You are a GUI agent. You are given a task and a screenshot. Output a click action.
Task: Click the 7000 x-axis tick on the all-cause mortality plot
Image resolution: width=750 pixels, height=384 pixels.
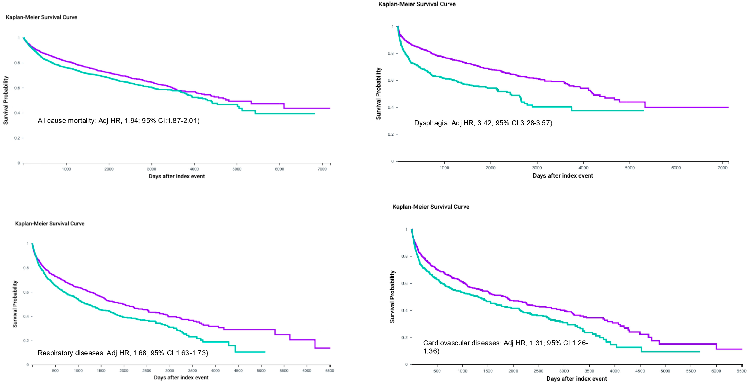click(322, 169)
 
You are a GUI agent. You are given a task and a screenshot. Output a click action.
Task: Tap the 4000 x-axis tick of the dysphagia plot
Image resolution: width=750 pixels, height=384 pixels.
click(583, 168)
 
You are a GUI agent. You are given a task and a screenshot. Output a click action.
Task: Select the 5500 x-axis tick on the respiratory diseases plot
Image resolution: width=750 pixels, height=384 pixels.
click(284, 371)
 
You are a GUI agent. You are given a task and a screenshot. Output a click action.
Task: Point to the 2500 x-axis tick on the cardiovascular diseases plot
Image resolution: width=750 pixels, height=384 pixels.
click(538, 371)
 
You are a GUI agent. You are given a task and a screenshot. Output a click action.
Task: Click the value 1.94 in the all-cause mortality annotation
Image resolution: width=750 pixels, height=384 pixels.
click(131, 121)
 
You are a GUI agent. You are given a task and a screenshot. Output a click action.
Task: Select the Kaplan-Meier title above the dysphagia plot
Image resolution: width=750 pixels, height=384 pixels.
click(417, 4)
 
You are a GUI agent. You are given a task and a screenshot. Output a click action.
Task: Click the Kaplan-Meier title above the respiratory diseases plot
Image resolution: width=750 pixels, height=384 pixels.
click(49, 224)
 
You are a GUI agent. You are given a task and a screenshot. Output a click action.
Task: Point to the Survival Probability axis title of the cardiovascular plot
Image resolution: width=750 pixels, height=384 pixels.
click(392, 296)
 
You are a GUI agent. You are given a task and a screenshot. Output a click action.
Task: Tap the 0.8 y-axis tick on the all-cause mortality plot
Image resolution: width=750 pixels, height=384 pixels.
click(17, 63)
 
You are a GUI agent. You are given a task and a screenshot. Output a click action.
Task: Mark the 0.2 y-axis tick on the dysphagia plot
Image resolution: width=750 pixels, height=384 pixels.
click(390, 134)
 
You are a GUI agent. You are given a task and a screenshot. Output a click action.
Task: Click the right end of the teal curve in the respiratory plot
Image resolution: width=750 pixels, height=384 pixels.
click(264, 352)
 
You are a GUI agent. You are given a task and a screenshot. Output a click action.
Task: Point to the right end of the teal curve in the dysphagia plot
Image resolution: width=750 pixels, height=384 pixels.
click(643, 111)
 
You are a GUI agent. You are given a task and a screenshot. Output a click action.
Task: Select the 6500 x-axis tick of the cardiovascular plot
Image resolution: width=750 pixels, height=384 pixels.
click(741, 371)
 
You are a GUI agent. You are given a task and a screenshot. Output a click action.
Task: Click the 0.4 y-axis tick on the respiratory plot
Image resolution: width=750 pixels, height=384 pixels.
click(26, 316)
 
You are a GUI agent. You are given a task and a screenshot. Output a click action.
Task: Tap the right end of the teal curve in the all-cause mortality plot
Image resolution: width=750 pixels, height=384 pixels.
click(314, 114)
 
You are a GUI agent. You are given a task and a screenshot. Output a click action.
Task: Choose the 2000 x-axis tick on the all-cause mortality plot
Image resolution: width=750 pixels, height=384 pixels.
click(109, 169)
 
